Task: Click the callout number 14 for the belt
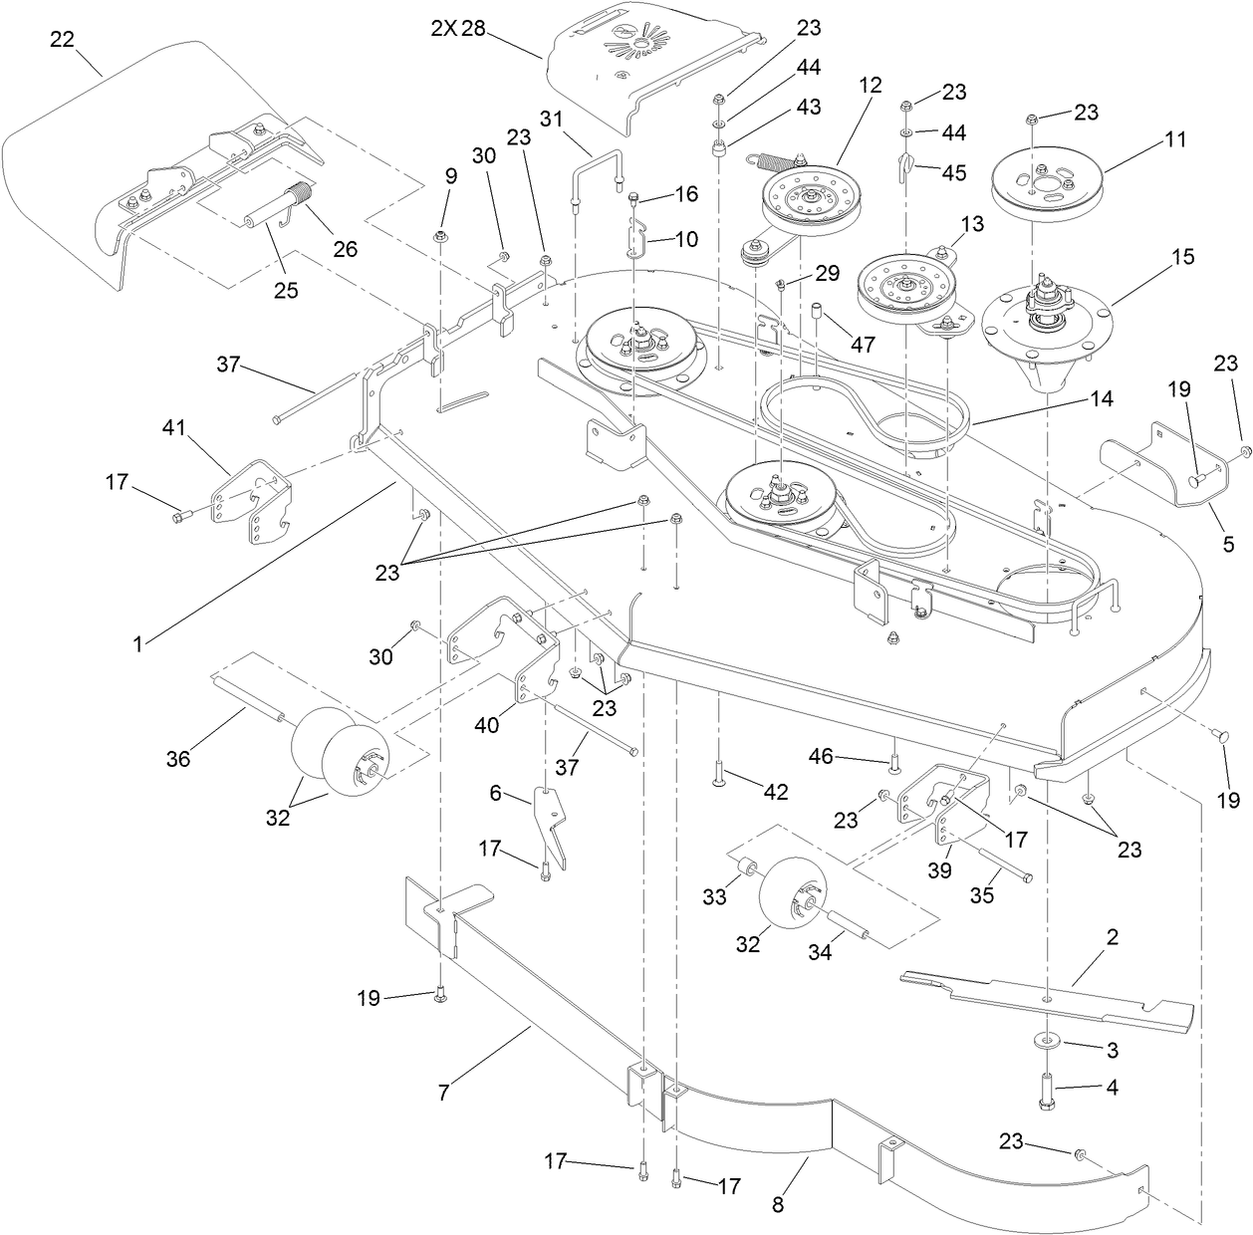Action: click(1100, 399)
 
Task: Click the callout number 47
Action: click(863, 344)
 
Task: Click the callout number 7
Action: click(443, 1093)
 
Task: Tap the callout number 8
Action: click(778, 1204)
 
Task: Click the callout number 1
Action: click(137, 643)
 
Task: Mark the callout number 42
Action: click(775, 792)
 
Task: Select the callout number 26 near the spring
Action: click(345, 248)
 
